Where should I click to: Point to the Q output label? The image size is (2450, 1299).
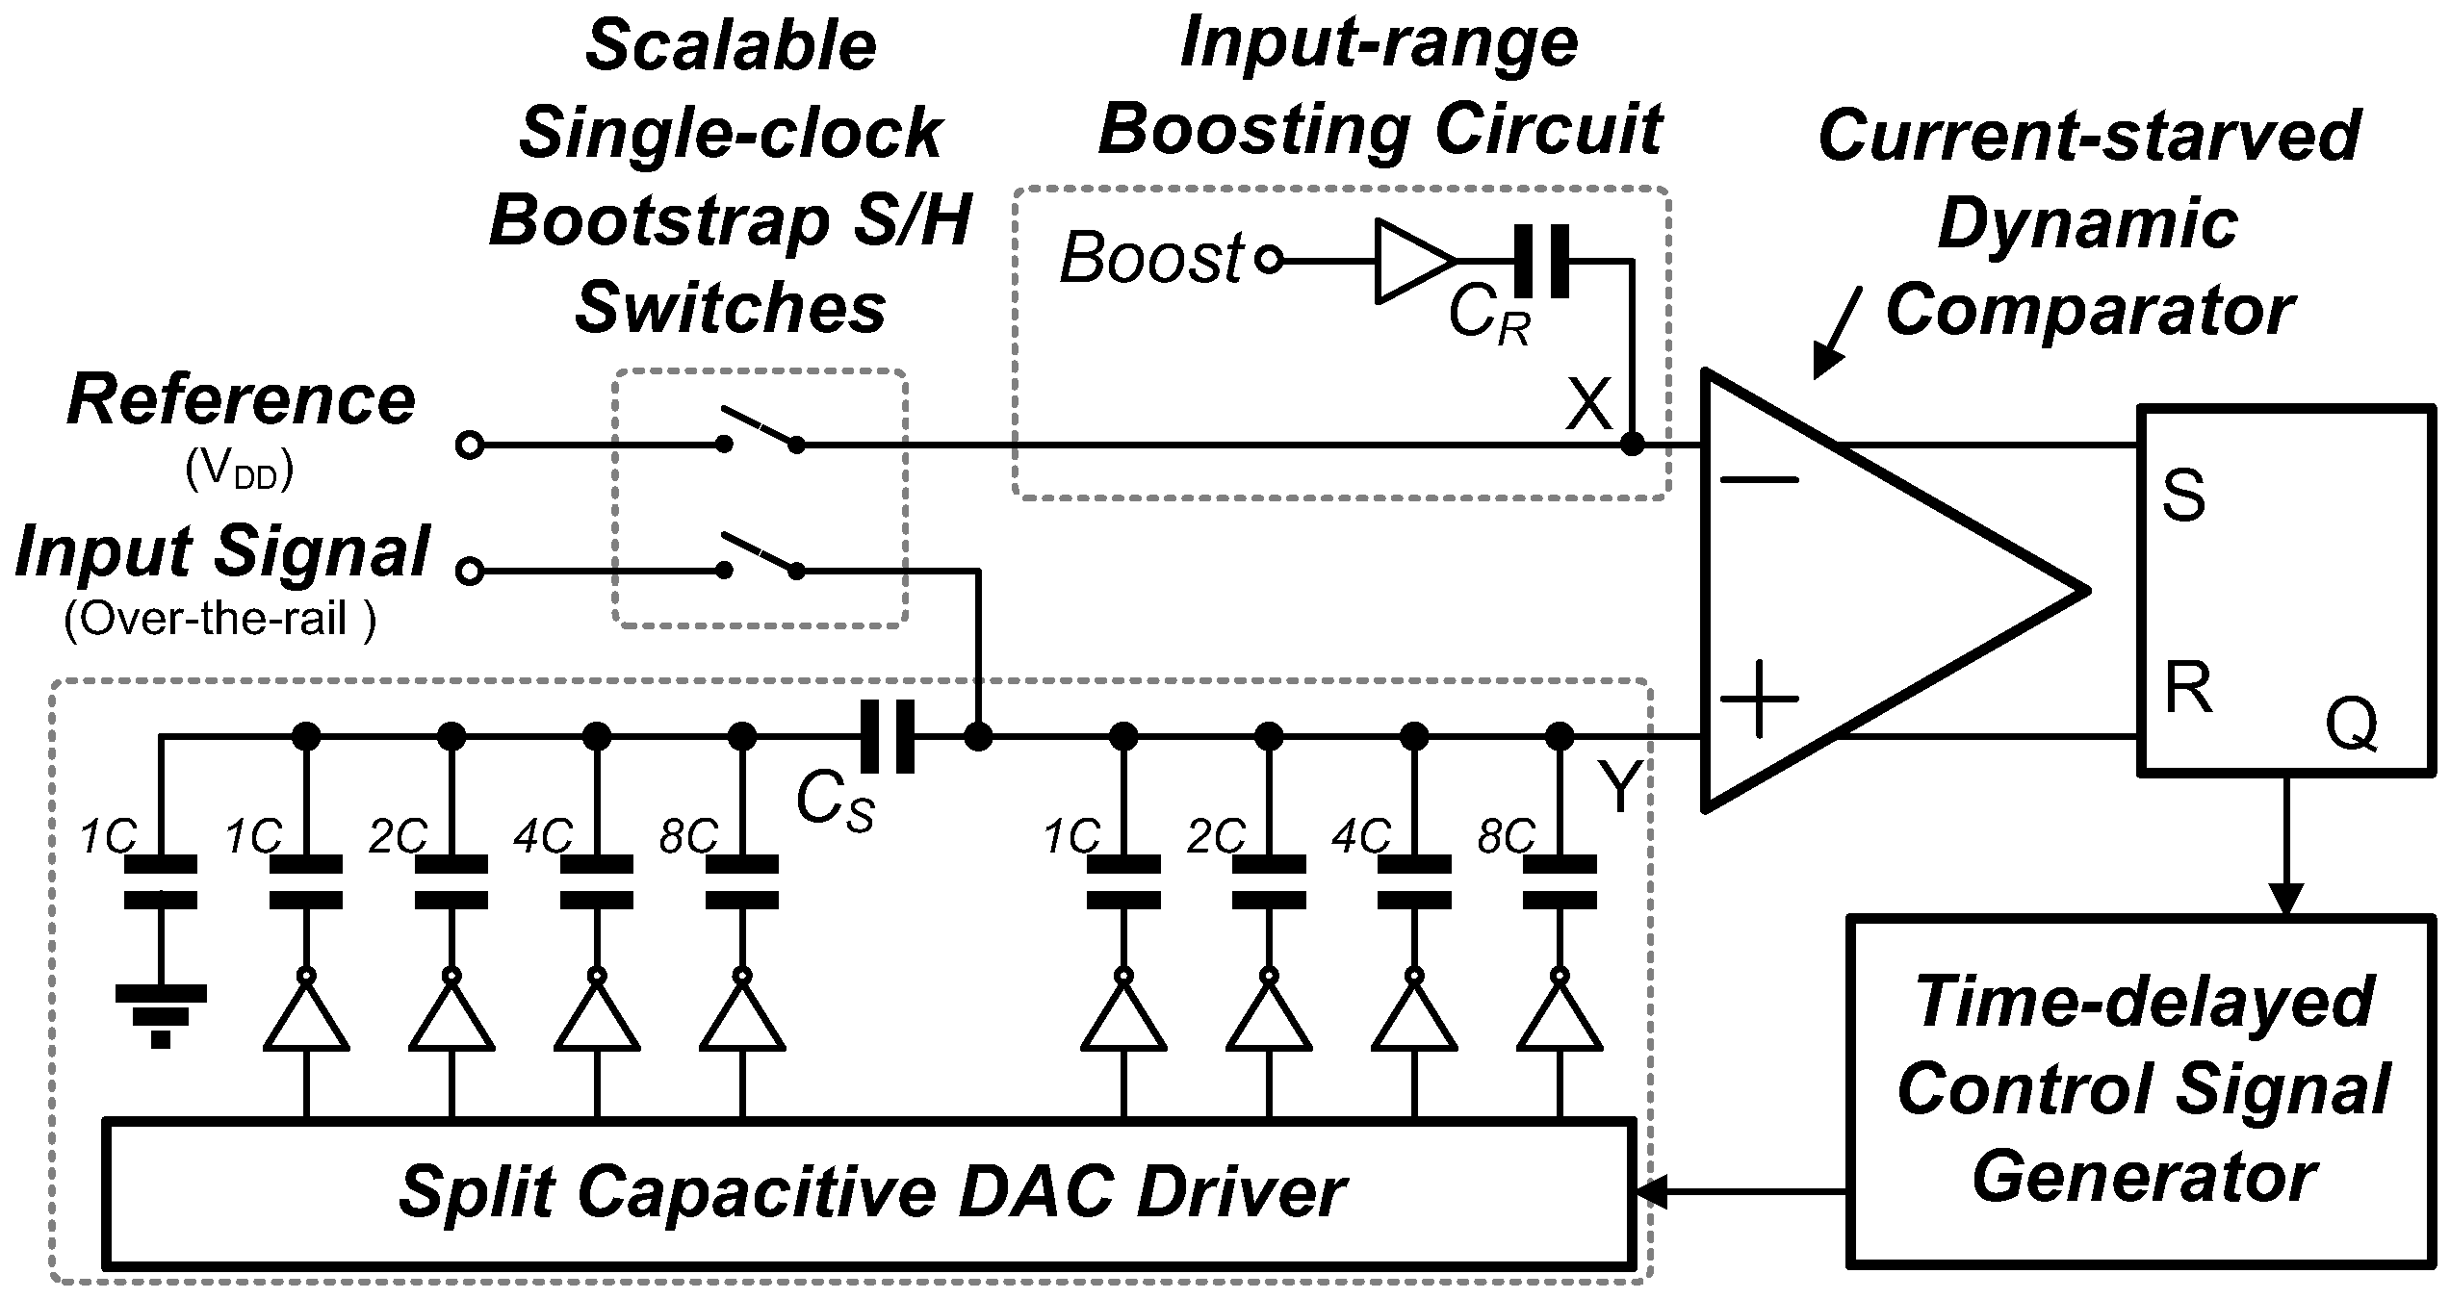(x=2351, y=724)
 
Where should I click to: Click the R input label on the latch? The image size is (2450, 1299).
(x=2187, y=688)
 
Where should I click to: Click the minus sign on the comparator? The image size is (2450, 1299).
(x=1758, y=480)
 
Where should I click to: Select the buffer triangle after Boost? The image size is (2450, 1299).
(x=1412, y=261)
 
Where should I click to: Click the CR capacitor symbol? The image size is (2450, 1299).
(x=1540, y=261)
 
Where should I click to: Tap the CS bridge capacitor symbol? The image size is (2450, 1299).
(x=887, y=737)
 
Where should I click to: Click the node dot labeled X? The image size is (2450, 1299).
(x=1632, y=445)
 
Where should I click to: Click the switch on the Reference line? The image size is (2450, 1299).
(x=761, y=431)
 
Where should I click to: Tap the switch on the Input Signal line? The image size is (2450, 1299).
(x=761, y=558)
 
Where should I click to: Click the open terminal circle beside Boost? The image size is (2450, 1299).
(x=1270, y=261)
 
